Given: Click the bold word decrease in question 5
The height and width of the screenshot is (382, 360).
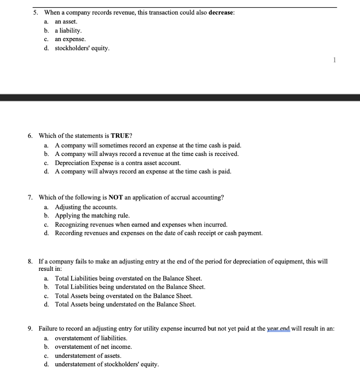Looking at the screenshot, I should click(x=221, y=13).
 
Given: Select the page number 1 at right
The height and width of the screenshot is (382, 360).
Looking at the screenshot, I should click(x=334, y=60).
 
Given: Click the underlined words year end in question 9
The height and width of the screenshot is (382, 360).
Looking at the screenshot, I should click(x=278, y=329).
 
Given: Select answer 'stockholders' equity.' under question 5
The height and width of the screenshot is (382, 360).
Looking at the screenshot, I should click(x=82, y=48).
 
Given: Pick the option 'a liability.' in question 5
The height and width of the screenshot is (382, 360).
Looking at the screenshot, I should click(x=68, y=31).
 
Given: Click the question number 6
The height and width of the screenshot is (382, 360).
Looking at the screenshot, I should click(x=31, y=136).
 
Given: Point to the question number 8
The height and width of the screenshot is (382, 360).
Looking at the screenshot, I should click(x=31, y=262).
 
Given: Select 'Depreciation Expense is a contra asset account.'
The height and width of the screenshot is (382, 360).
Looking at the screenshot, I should click(x=118, y=163).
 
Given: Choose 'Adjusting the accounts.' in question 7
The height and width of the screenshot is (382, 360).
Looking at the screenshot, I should click(x=86, y=207).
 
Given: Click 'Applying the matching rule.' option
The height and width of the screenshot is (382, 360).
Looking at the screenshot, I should click(x=92, y=216).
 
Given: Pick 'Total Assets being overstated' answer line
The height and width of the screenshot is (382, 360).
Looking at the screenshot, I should click(x=124, y=296).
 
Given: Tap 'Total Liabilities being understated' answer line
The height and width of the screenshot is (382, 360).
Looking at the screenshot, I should click(x=130, y=287).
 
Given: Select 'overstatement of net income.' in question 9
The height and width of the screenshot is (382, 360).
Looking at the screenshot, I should click(x=93, y=347).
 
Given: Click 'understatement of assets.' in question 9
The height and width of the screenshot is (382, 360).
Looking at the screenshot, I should click(x=88, y=356).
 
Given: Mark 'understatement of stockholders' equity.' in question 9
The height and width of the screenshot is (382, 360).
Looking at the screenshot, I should click(x=107, y=364).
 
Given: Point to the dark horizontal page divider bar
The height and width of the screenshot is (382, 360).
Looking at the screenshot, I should click(x=180, y=98).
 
